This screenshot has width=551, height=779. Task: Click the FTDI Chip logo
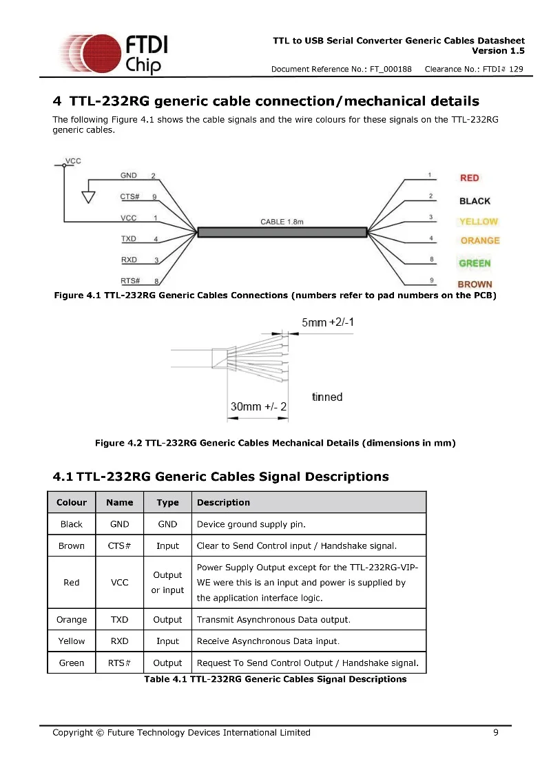[114, 53]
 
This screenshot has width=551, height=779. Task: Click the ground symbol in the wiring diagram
[88, 196]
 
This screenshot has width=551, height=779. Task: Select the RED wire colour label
[469, 178]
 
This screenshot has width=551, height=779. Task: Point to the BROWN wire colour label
[475, 284]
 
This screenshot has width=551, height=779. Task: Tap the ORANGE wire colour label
[479, 240]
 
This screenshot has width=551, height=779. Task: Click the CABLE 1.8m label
[282, 222]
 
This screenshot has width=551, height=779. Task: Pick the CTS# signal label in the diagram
[130, 197]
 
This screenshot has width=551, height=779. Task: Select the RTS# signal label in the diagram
[130, 280]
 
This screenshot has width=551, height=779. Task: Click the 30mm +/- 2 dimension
[258, 407]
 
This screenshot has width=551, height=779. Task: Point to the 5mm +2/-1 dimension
[328, 322]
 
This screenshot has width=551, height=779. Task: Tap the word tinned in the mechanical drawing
[327, 397]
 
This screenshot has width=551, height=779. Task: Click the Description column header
[223, 503]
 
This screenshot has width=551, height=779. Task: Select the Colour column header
[72, 503]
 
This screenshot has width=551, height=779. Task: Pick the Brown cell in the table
[72, 546]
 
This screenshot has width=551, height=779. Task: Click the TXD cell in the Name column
[120, 619]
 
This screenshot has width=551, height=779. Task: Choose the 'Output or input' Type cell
[167, 583]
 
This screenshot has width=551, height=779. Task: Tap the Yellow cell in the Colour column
[72, 641]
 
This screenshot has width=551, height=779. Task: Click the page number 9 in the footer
[496, 732]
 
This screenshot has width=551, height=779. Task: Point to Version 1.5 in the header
[498, 51]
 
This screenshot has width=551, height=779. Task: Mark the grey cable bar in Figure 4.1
[282, 232]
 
